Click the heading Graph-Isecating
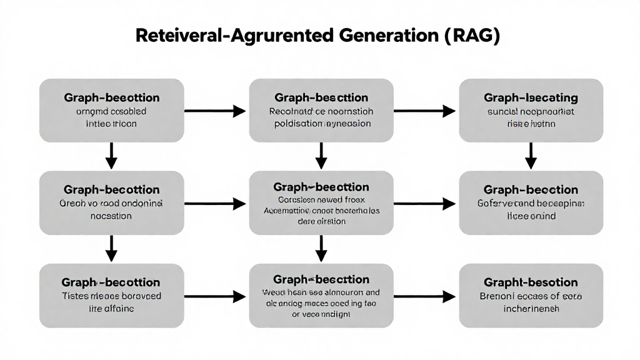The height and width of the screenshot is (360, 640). (531, 98)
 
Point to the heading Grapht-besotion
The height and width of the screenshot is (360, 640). (531, 282)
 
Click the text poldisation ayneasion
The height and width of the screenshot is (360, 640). (321, 124)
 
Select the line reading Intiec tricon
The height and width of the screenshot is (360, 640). (111, 124)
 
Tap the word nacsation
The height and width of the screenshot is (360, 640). (111, 216)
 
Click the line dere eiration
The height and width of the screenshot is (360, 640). (321, 221)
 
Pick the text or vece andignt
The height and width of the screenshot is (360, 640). (321, 314)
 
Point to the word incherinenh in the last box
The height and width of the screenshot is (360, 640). (531, 308)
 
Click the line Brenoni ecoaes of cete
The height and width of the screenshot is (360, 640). (531, 296)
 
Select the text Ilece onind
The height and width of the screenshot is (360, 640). (531, 216)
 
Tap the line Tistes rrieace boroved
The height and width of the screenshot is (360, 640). (111, 296)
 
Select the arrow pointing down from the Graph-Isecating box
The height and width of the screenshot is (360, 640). (531, 155)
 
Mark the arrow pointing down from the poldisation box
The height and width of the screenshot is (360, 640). (321, 155)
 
